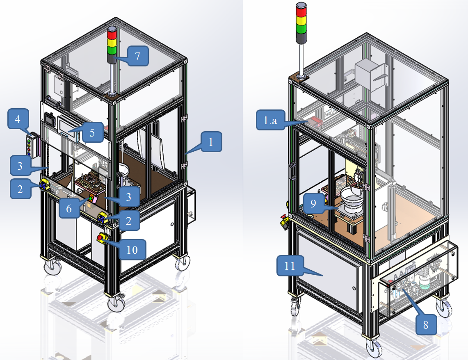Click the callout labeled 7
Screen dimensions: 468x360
tap(137, 56)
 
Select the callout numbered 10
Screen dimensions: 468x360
tap(132, 249)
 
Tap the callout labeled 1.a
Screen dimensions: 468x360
tap(270, 120)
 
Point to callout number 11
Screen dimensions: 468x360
tap(290, 265)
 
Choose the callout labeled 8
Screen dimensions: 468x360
tap(426, 324)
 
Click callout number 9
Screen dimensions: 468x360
tap(313, 203)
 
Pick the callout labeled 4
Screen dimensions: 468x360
tap(18, 119)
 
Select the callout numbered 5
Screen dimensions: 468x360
tap(92, 132)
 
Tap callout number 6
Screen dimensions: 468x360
tap(69, 208)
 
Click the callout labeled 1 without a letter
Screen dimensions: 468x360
tap(211, 142)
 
